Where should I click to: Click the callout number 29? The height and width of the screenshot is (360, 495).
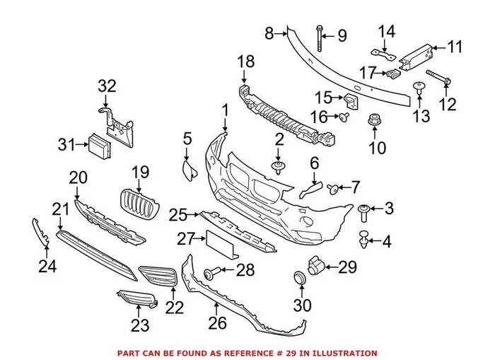click(x=348, y=267)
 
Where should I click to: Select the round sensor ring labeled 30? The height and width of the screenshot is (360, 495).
click(x=299, y=277)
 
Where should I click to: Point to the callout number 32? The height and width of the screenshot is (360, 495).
click(x=106, y=86)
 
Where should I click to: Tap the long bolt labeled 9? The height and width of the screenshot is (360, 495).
click(x=320, y=40)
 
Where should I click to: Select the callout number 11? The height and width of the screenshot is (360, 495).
click(x=455, y=47)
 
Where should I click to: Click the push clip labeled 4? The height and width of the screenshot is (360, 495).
click(x=365, y=240)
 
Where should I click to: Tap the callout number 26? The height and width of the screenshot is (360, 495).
click(x=217, y=323)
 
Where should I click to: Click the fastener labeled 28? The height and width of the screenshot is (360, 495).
click(x=211, y=272)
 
